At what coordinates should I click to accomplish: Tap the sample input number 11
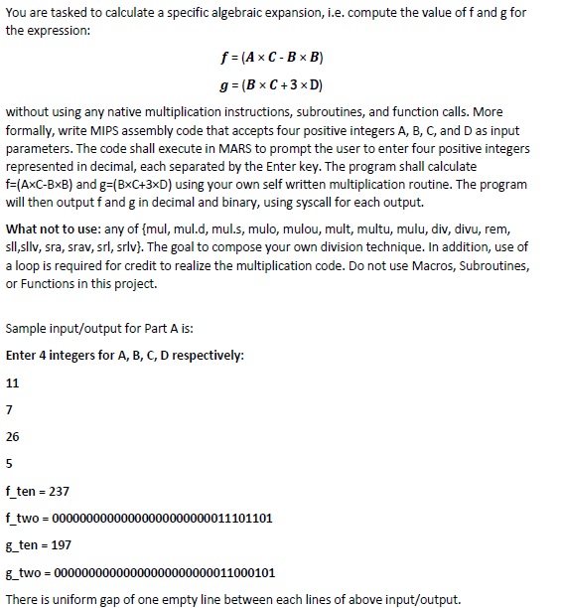point(12,382)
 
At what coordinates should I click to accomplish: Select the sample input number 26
point(12,436)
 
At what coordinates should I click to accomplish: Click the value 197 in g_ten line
point(59,544)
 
